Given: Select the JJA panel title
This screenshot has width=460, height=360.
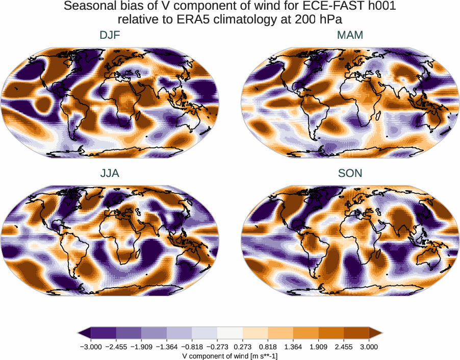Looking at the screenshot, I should (110, 173).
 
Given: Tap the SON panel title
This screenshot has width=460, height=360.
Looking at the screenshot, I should (350, 173).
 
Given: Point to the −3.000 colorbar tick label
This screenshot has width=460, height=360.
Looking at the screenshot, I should (91, 347).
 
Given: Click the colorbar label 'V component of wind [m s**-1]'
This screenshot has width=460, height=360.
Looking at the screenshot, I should (230, 356).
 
